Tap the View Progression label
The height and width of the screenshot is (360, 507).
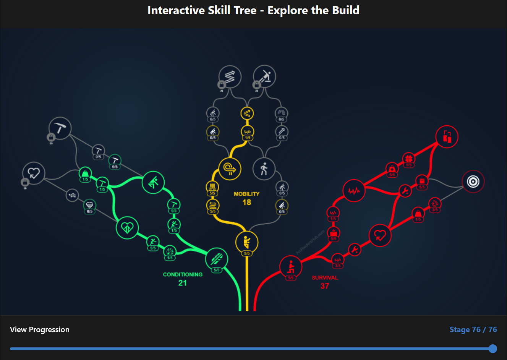(40, 329)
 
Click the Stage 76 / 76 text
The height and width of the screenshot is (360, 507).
(473, 329)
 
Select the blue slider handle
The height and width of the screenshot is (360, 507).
(493, 349)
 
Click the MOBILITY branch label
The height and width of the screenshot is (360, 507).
(246, 194)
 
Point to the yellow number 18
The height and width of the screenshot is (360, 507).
(247, 203)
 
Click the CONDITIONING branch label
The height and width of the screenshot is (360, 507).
(183, 274)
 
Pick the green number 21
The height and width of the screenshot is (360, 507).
(183, 283)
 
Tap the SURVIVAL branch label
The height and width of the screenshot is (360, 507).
(325, 278)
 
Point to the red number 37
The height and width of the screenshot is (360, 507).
(325, 286)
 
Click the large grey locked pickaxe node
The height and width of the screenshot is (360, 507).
(60, 128)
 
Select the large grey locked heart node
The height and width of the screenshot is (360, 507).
(34, 173)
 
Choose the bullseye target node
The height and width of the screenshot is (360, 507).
(473, 181)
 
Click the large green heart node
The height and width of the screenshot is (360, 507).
(127, 228)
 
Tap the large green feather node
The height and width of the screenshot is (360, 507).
(217, 259)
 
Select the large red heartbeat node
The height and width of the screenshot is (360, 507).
(354, 190)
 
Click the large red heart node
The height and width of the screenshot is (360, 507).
(380, 235)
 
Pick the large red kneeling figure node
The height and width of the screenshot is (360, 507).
(291, 266)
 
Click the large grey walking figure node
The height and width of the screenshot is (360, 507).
(264, 169)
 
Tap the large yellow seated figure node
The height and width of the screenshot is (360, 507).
(247, 242)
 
